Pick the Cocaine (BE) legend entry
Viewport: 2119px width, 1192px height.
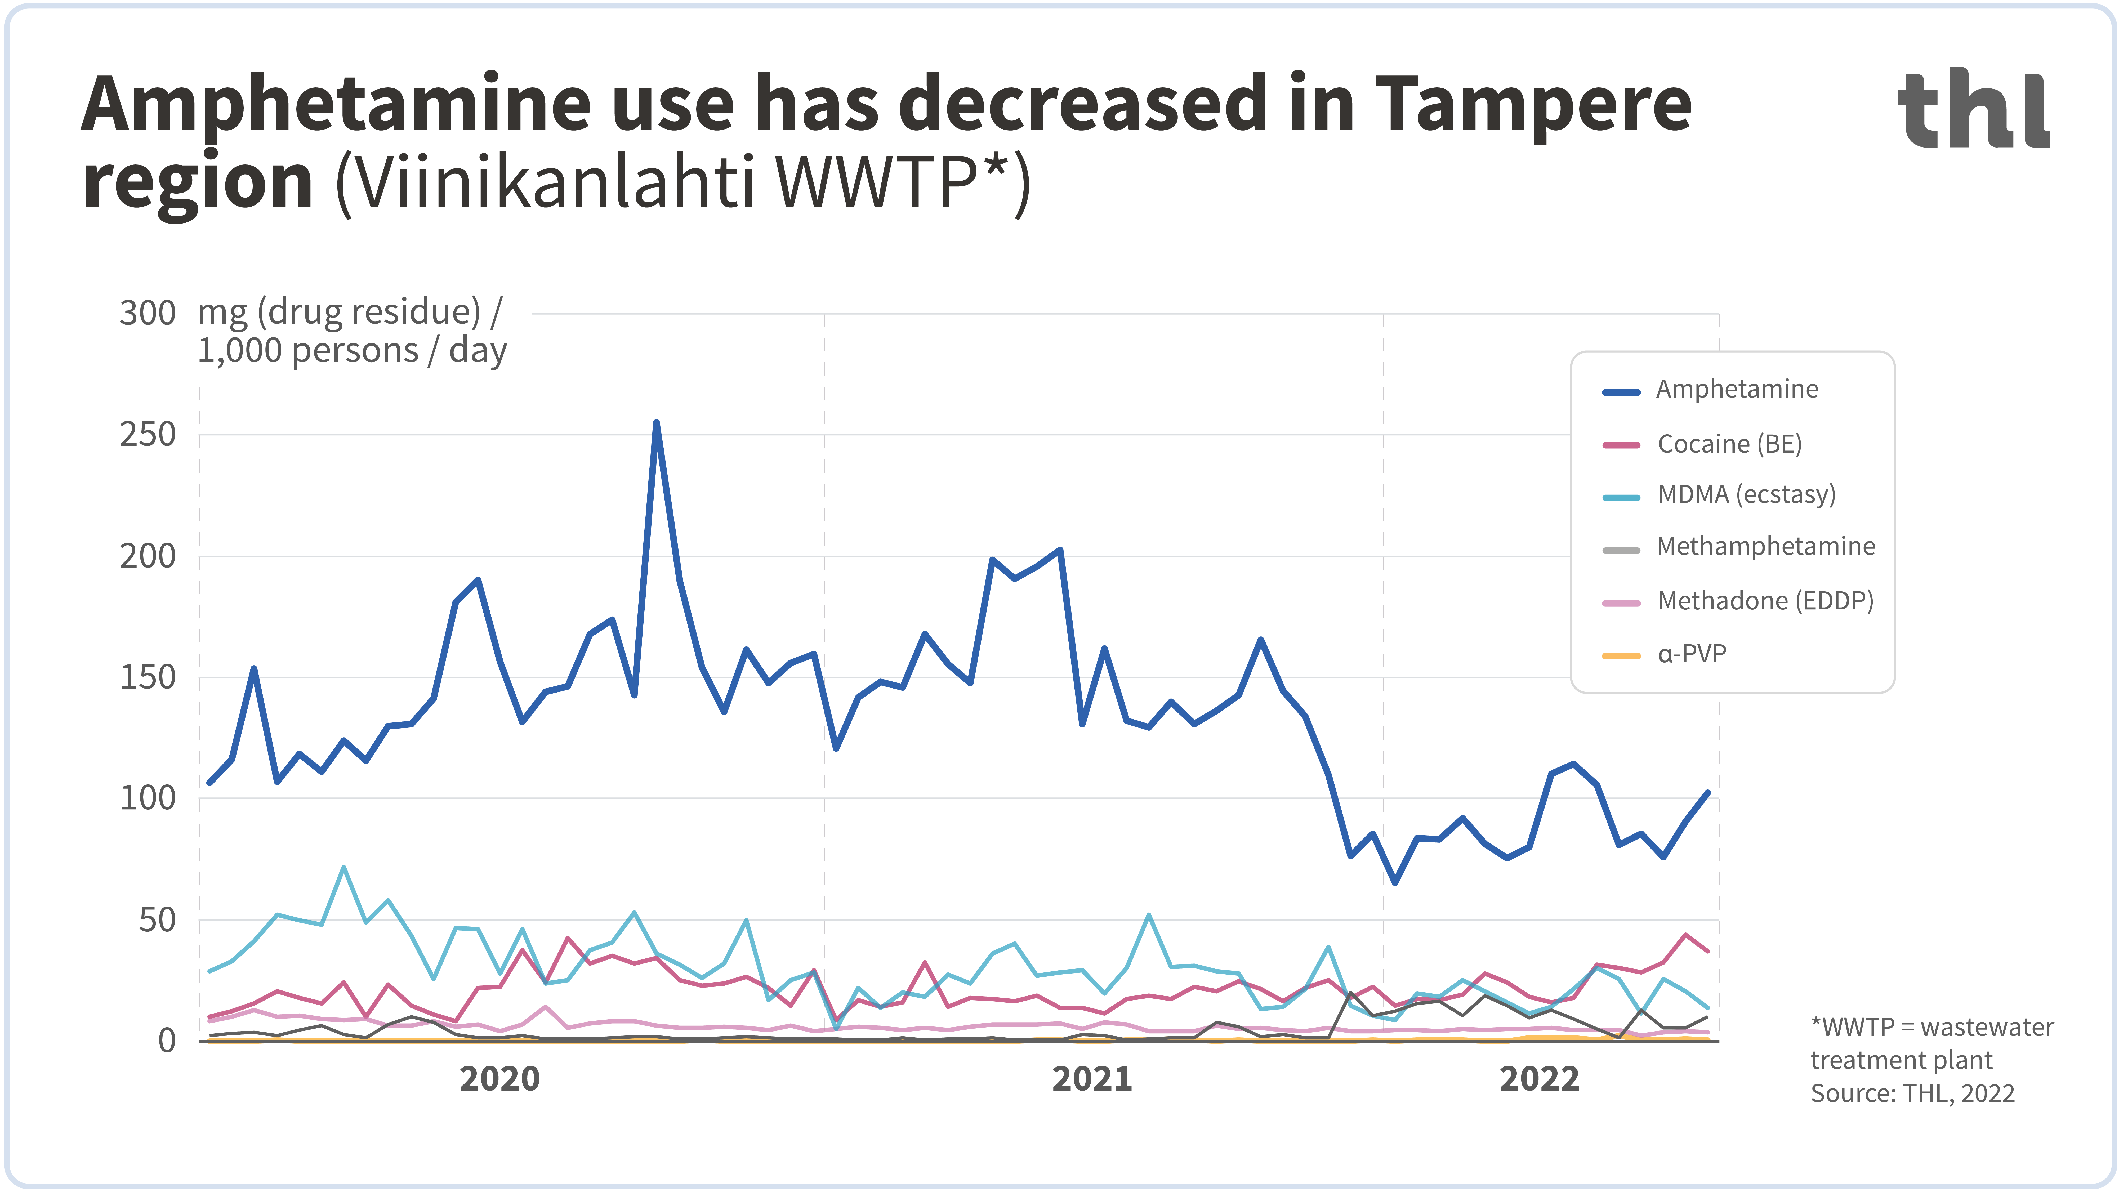[x=1729, y=444]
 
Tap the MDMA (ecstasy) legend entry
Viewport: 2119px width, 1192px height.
[x=1746, y=494]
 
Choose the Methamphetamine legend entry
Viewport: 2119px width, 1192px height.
[x=1765, y=546]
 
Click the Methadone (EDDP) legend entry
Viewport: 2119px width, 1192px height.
[x=1765, y=601]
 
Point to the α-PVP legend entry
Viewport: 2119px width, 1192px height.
[x=1691, y=654]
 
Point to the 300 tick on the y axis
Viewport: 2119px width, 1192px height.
[x=148, y=313]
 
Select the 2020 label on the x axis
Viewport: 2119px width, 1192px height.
[x=499, y=1078]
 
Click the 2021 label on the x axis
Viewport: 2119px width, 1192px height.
[x=1092, y=1078]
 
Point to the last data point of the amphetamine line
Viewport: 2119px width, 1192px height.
[x=1708, y=793]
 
